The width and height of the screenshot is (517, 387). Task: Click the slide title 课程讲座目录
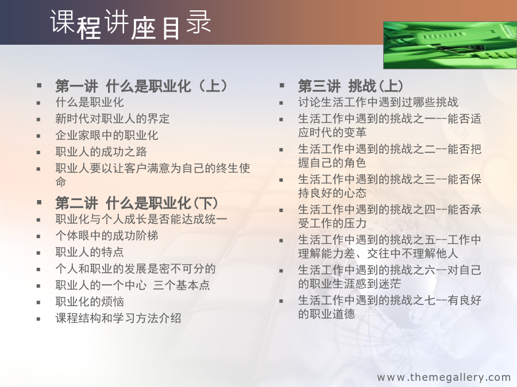[130, 24]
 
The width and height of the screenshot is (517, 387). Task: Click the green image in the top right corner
[450, 45]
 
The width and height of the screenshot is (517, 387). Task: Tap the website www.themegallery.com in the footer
[444, 377]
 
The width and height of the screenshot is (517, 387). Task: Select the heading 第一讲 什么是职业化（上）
[141, 86]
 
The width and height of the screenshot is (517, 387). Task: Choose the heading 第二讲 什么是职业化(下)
[137, 203]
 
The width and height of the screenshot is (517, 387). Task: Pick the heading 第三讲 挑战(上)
[350, 86]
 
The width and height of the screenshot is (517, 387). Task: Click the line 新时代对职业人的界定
[113, 119]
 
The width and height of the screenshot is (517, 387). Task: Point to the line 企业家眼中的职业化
[107, 135]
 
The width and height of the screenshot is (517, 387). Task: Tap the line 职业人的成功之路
[101, 152]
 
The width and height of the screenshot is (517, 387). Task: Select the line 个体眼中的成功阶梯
[107, 236]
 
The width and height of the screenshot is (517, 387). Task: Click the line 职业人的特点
[90, 252]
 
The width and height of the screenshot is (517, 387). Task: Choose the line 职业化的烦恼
[90, 302]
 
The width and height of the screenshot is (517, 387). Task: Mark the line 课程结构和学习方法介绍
[118, 318]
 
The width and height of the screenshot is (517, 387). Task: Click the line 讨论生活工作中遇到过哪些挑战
[378, 103]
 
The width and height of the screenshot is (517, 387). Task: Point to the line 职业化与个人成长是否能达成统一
[141, 219]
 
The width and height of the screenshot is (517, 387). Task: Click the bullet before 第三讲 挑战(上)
[281, 85]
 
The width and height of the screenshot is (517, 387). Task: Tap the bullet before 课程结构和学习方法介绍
[38, 319]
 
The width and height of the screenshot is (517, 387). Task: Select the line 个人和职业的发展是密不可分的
[136, 269]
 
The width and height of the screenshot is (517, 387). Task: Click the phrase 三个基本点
[182, 286]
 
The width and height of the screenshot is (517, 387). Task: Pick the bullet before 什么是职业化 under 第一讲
[38, 103]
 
